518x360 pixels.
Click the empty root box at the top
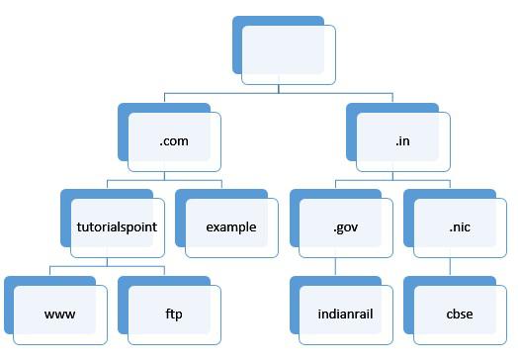pyautogui.click(x=288, y=49)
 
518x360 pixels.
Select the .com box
pyautogui.click(x=173, y=140)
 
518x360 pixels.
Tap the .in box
pyautogui.click(x=402, y=140)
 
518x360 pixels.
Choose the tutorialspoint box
pyautogui.click(x=117, y=227)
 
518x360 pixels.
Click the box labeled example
pyautogui.click(x=231, y=227)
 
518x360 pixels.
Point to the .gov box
pyautogui.click(x=345, y=227)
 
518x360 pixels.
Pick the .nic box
pyautogui.click(x=460, y=227)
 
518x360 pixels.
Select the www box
pyautogui.click(x=59, y=315)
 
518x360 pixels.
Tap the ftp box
pyautogui.click(x=174, y=315)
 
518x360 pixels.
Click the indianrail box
pyautogui.click(x=345, y=315)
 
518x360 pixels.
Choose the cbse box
pyautogui.click(x=460, y=315)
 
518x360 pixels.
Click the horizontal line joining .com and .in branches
pyautogui.click(x=279, y=93)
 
